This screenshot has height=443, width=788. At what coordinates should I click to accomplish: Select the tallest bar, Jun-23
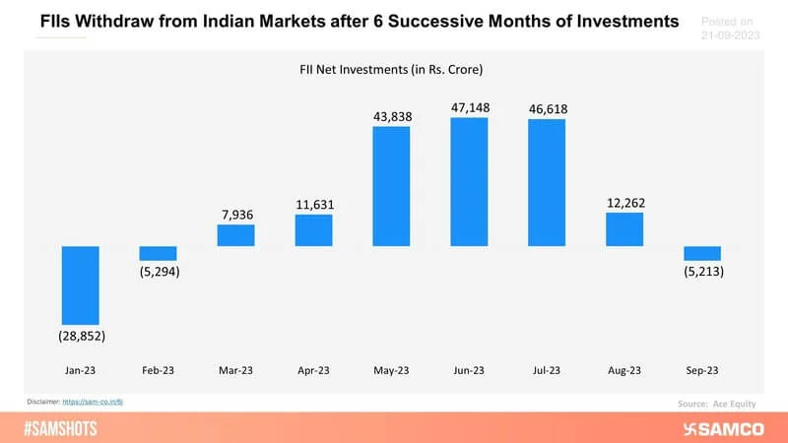[469, 181]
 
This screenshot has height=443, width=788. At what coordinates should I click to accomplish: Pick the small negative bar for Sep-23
[702, 252]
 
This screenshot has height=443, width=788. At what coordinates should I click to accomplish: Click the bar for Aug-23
[624, 229]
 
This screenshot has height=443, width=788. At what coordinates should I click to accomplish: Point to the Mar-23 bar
[235, 234]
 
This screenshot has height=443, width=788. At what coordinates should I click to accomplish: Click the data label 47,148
[469, 106]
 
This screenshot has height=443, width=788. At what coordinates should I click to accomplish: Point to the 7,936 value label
[235, 212]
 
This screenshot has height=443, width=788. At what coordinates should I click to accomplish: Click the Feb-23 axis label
[158, 371]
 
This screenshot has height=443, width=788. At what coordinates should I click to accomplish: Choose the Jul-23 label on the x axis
[547, 371]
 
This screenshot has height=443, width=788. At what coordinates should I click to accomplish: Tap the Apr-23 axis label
[313, 371]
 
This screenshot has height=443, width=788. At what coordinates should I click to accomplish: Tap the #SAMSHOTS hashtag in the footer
[61, 427]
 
